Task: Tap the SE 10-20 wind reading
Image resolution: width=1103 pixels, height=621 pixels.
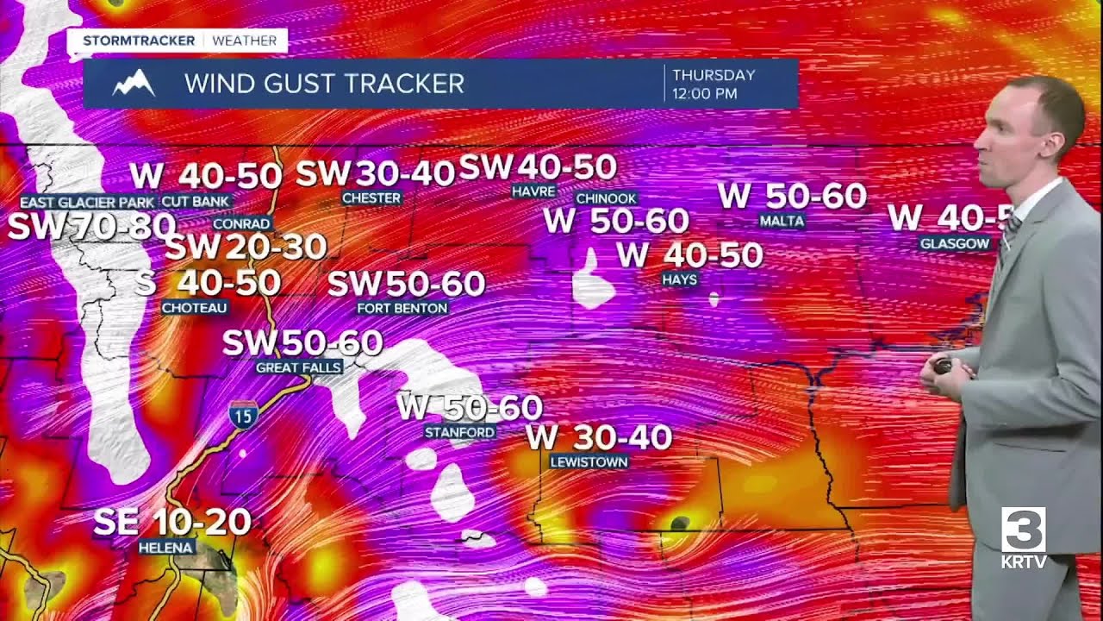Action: [x=171, y=522]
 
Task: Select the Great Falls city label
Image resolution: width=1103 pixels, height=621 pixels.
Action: [x=299, y=367]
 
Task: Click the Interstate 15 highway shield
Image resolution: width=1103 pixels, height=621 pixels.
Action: [x=243, y=416]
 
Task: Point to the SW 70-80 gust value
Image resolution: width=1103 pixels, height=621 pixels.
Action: [x=91, y=227]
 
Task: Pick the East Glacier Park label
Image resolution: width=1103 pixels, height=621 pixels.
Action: [x=87, y=202]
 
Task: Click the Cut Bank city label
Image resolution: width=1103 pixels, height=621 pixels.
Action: [x=196, y=202]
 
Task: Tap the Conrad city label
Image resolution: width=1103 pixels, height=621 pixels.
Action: [x=241, y=223]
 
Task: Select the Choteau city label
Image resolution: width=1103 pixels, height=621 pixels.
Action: [x=194, y=307]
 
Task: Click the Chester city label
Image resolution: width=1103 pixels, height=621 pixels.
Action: [x=371, y=198]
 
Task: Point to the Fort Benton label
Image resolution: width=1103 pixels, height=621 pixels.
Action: [x=402, y=308]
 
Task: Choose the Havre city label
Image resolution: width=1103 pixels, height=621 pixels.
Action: [x=533, y=191]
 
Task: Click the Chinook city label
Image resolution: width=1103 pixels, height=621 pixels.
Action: [x=606, y=198]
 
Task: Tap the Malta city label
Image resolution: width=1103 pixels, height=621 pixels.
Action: [x=782, y=221]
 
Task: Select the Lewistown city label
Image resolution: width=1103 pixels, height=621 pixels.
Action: [x=589, y=461]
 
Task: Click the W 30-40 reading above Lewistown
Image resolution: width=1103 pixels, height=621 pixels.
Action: [x=599, y=437]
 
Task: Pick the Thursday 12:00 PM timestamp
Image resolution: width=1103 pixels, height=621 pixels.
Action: [x=714, y=84]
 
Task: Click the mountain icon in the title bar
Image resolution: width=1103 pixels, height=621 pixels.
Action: [x=134, y=84]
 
